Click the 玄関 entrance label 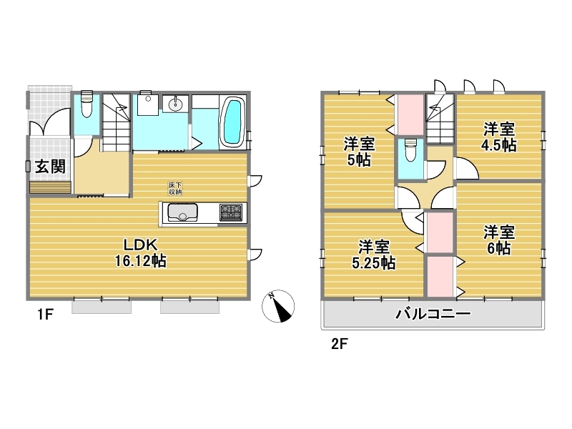50,167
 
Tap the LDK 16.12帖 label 140,253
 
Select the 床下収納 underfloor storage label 175,188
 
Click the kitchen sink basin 182,212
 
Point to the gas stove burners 230,212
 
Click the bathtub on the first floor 232,122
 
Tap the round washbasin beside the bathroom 175,104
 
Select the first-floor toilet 87,104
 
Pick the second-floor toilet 410,149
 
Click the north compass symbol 278,307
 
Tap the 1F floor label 46,315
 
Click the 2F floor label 339,344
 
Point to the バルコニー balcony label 433,314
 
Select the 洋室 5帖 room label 359,152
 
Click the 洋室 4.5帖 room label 498,137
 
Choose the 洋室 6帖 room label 498,240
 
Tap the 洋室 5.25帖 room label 373,255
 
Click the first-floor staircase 116,122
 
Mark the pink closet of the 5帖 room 410,114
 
